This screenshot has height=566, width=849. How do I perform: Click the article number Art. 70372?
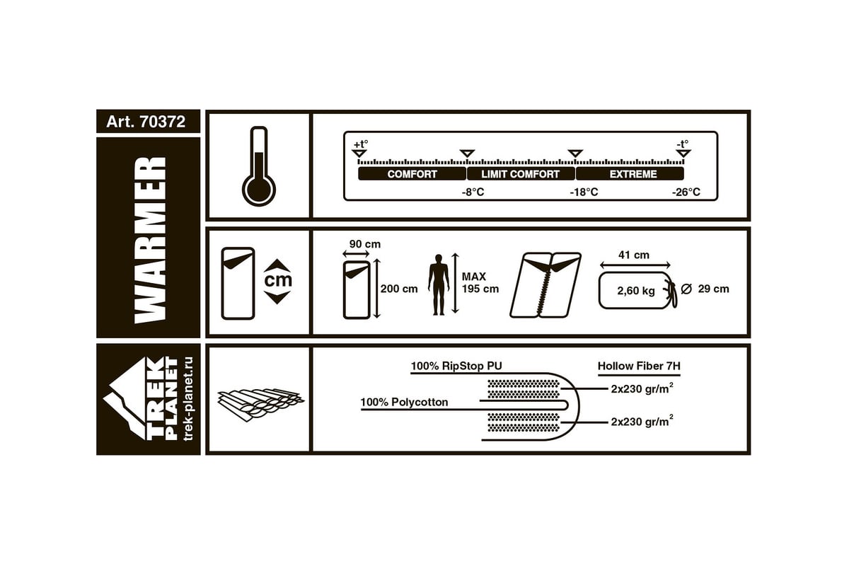pos(146,122)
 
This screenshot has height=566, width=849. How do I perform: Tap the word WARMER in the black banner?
pos(150,240)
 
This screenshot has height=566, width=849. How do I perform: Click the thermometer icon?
pos(259,166)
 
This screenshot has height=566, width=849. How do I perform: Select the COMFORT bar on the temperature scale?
pos(412,174)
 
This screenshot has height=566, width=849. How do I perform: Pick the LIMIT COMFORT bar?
pos(521,174)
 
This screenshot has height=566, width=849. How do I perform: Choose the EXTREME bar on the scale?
pos(630,174)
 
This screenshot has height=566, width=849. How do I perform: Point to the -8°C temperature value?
pos(473,192)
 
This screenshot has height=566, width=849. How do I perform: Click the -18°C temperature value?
pos(584,192)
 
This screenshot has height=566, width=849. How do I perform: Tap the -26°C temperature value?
pos(686,192)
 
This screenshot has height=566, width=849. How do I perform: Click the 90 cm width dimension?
pos(365,244)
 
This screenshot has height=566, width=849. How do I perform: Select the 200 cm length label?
pos(399,289)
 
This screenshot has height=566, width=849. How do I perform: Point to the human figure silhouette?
pos(439,284)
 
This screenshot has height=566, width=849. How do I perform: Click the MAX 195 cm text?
pos(480,283)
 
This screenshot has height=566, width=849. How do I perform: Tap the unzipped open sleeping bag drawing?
pos(545,285)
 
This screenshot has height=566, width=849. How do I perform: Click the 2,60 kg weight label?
pos(636,291)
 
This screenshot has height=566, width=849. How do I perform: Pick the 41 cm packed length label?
pos(634,255)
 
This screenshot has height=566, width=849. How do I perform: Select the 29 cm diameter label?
pos(713,289)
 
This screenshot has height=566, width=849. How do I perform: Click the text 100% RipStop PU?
pos(456,366)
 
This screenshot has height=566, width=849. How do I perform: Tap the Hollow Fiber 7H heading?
pos(639,366)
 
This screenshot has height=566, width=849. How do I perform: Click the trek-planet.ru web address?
pos(188,398)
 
